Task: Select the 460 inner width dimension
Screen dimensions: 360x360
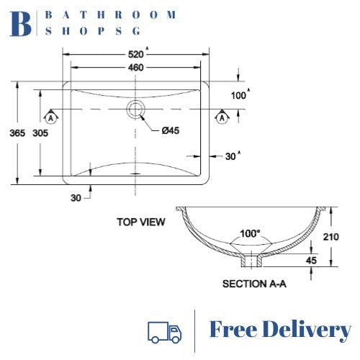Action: click(x=136, y=67)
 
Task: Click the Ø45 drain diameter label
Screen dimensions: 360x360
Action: click(x=171, y=130)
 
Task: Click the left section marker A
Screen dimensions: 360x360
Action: click(x=51, y=116)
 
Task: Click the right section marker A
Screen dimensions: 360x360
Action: click(x=222, y=116)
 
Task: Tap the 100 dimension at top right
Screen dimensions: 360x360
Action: click(x=238, y=95)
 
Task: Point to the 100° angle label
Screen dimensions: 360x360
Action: click(x=251, y=234)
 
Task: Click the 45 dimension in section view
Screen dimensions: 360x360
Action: click(x=310, y=260)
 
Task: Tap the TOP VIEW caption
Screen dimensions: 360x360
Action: click(x=141, y=222)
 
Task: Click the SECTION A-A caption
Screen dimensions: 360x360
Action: click(x=255, y=284)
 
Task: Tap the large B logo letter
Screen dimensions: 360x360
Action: click(x=22, y=24)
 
